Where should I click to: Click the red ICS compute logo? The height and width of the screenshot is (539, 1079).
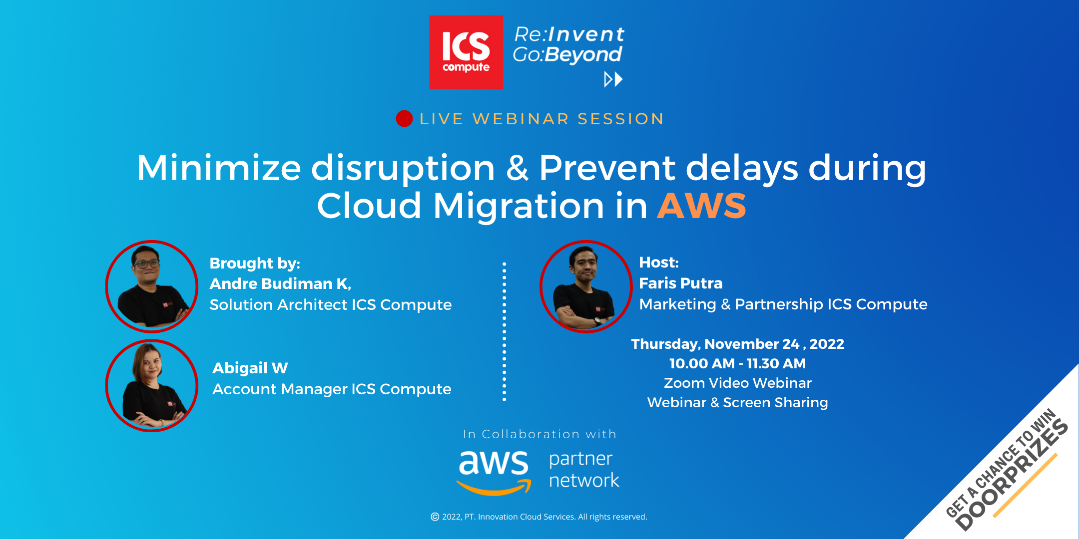click(x=466, y=52)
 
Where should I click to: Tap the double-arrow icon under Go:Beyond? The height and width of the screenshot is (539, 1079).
click(x=613, y=79)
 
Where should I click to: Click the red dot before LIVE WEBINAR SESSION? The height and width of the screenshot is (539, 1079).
click(x=404, y=119)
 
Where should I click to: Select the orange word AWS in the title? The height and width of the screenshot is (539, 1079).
click(x=701, y=206)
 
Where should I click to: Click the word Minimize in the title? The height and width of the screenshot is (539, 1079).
click(x=219, y=168)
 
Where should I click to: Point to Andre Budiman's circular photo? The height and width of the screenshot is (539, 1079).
click(x=152, y=286)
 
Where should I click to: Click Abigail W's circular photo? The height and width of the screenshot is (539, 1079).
click(x=152, y=386)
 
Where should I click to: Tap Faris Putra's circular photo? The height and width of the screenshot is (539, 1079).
click(x=586, y=286)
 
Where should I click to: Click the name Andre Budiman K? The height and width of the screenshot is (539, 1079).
click(x=280, y=283)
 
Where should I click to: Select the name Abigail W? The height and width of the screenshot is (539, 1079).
click(x=250, y=368)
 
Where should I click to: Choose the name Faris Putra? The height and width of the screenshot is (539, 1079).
click(x=681, y=283)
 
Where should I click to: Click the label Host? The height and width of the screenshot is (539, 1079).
click(x=659, y=262)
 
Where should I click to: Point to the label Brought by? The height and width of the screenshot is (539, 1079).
click(x=255, y=263)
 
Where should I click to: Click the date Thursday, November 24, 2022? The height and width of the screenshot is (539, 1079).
click(x=738, y=344)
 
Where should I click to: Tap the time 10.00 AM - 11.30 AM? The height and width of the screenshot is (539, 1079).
click(x=738, y=363)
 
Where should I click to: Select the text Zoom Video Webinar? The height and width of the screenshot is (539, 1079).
click(x=738, y=383)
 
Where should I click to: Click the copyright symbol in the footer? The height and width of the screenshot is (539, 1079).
click(x=435, y=517)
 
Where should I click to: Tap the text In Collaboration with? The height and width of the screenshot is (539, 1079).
click(x=540, y=434)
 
